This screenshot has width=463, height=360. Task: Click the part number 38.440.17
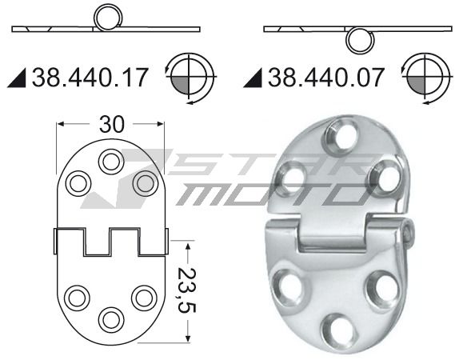point(90,78)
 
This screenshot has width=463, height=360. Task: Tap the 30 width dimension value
point(112,124)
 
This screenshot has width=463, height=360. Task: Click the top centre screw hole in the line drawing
point(110,162)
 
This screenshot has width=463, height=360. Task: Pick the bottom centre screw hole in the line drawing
point(110,319)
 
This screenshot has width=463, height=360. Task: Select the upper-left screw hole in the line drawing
point(78,183)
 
